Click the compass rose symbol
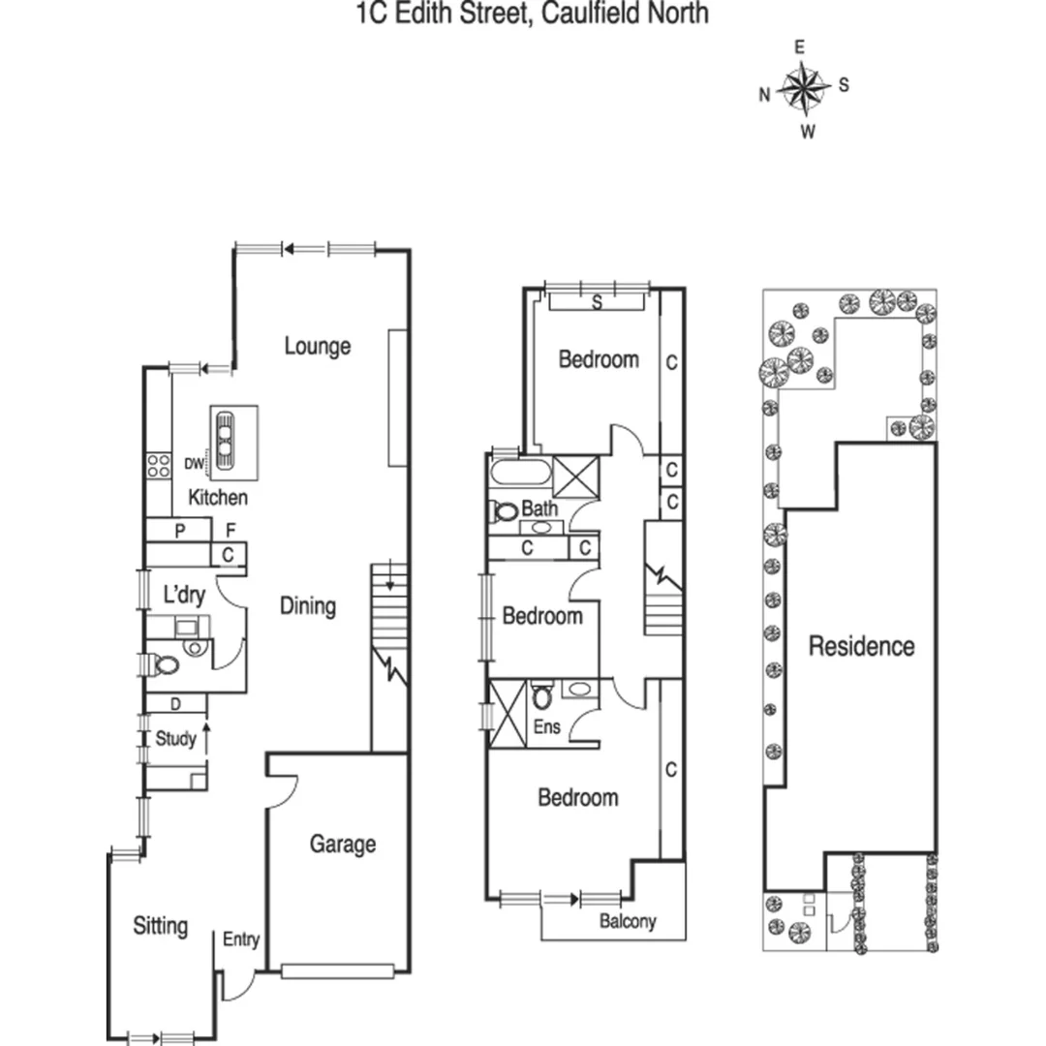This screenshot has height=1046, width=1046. click(803, 87)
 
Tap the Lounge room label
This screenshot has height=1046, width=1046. click(317, 346)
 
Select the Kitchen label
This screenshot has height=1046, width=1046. click(218, 498)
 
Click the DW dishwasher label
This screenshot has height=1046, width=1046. click(194, 464)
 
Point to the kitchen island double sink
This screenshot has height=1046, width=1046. click(225, 440)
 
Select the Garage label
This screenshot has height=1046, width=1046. click(342, 844)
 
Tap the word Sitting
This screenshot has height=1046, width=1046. click(160, 926)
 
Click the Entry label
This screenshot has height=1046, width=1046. click(241, 939)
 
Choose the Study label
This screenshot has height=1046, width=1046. click(175, 739)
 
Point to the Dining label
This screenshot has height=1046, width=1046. click(308, 606)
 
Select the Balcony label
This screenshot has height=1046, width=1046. click(628, 922)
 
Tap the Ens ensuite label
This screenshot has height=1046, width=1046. click(547, 726)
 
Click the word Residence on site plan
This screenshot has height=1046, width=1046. click(861, 646)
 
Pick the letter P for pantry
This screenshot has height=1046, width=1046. click(179, 531)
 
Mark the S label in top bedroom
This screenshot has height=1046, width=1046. click(598, 302)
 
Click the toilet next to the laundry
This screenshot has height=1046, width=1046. click(166, 665)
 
